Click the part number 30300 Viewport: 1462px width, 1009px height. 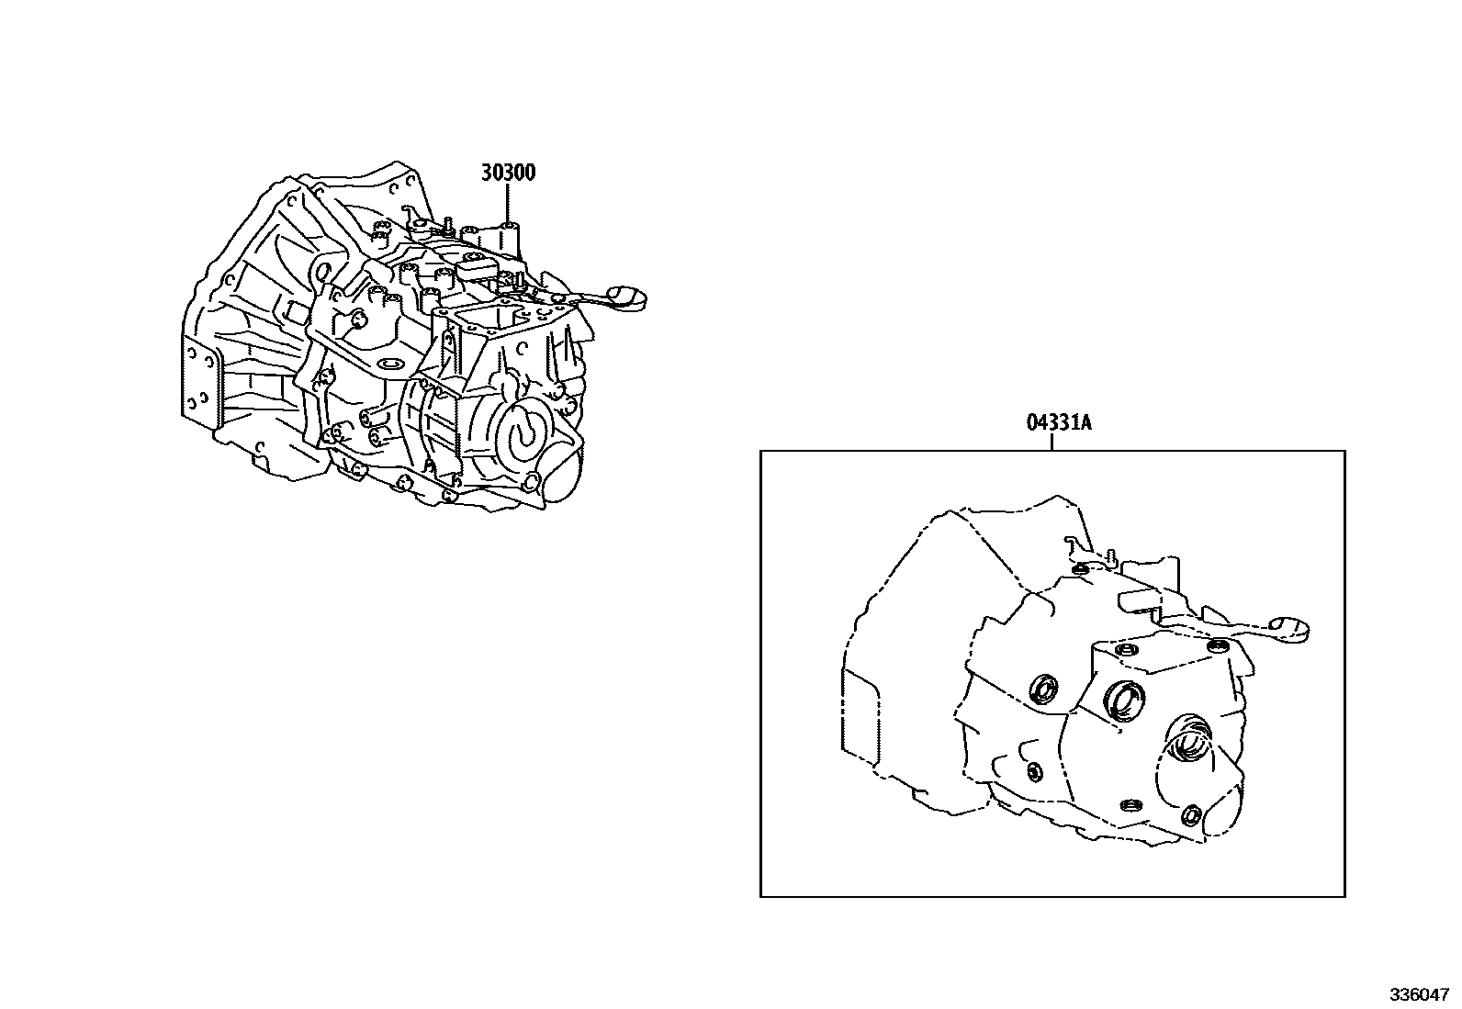pos(508,173)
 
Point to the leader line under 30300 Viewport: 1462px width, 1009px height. pos(508,204)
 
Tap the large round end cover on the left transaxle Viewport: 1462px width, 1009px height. pos(523,431)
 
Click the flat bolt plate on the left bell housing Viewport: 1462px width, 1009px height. pos(201,381)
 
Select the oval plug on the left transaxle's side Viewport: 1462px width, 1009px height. pos(389,364)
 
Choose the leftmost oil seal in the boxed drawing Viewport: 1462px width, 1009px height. pos(1045,689)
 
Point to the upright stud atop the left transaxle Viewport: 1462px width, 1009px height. pos(445,222)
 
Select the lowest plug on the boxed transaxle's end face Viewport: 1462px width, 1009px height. pos(1193,814)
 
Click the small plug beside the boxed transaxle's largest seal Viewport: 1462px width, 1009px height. pos(1130,805)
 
